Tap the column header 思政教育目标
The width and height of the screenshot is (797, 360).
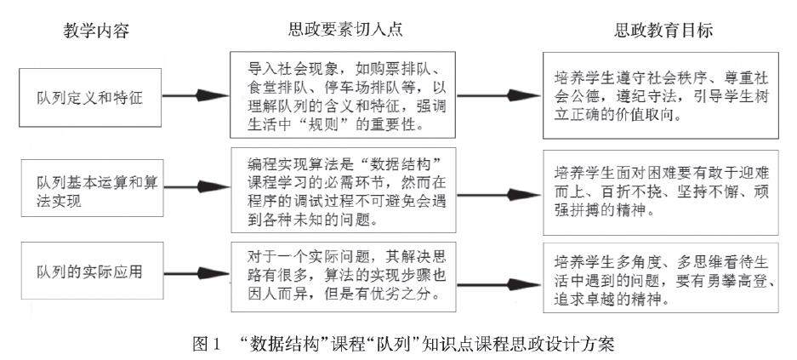[663, 30]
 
